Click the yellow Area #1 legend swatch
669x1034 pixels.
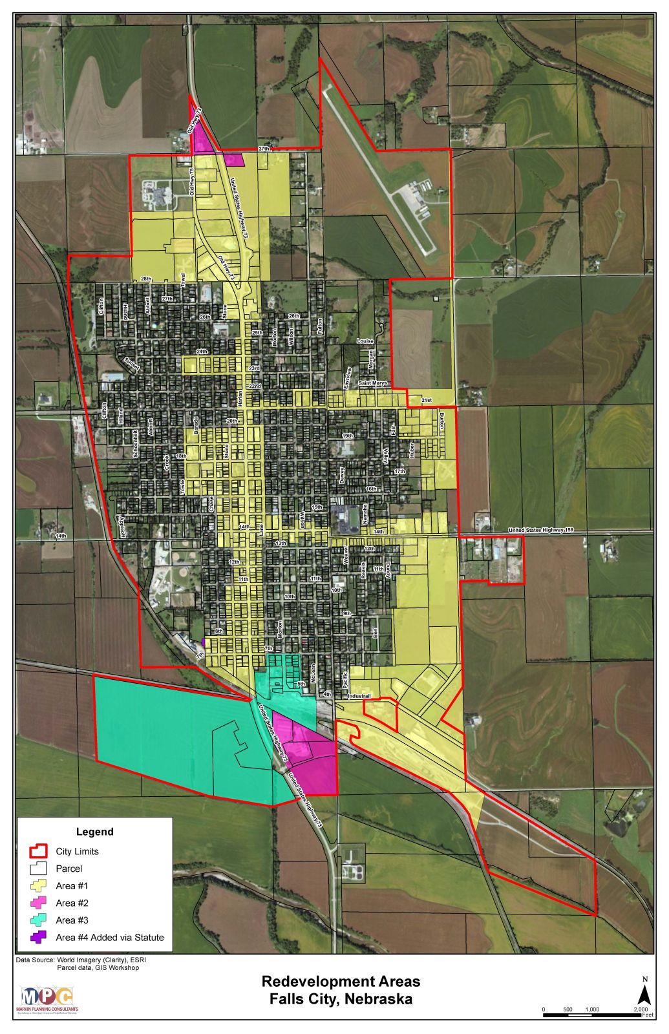point(37,886)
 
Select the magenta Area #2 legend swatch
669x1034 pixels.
point(37,903)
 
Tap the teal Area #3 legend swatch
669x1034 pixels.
point(37,920)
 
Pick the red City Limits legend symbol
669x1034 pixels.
point(37,851)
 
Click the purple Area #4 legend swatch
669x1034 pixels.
point(37,937)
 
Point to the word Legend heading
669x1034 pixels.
point(94,832)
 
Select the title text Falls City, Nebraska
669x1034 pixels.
point(341,999)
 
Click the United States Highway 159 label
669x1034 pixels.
point(540,531)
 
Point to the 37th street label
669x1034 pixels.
point(263,149)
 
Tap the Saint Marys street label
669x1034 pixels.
point(373,383)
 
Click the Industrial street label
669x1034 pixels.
point(359,696)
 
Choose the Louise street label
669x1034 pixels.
point(365,341)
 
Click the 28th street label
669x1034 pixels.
point(147,279)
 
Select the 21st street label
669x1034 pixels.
point(426,400)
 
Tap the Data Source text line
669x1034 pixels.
point(81,960)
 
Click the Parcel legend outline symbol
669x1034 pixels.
point(37,869)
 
